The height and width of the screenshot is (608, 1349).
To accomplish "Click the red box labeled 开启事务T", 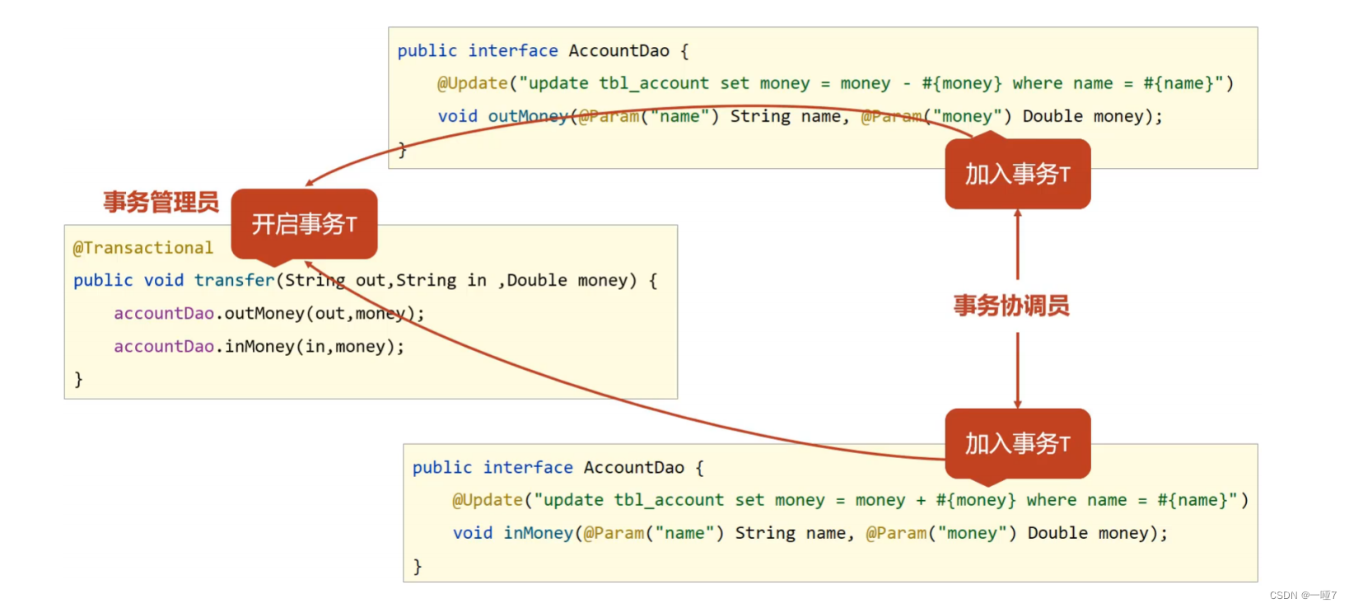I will (304, 223).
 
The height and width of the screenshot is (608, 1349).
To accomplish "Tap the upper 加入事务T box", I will (1017, 174).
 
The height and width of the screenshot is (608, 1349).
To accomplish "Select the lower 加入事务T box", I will (1017, 443).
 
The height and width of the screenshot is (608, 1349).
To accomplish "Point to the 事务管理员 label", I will (161, 202).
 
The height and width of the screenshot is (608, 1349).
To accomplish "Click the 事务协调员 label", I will (1011, 306).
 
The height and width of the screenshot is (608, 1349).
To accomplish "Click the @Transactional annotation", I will (142, 248).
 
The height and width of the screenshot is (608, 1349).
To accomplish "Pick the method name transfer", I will (234, 280).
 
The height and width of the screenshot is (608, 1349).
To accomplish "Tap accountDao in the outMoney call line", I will (164, 314).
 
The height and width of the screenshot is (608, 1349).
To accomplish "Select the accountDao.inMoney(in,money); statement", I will (259, 347).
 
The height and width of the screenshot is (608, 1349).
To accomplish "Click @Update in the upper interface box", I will (472, 83).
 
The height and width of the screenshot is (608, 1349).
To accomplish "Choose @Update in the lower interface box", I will (487, 500).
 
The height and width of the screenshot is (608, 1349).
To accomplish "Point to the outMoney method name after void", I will (528, 116).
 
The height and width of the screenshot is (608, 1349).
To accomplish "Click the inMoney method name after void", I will (538, 533).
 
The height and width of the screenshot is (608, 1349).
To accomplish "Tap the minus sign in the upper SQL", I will (907, 83).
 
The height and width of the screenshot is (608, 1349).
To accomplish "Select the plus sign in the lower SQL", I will (920, 500).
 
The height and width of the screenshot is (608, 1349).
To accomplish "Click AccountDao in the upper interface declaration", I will (618, 51).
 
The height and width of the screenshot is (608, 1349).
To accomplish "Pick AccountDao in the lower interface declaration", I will (633, 468).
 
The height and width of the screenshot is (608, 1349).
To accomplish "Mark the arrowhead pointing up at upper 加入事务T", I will (1018, 213).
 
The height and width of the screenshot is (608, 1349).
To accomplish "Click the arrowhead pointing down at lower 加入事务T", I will (1018, 404).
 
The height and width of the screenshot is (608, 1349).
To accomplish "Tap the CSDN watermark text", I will (1302, 595).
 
